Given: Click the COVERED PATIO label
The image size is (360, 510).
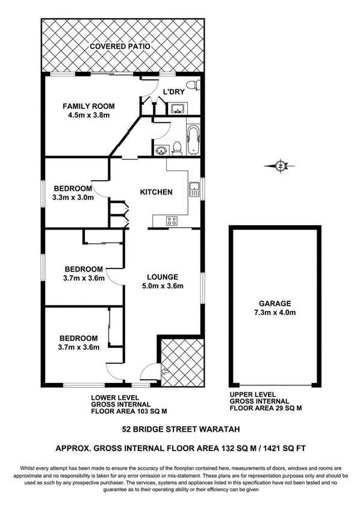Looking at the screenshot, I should tap(120, 46).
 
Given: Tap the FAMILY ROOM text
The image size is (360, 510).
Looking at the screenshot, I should tap(88, 106).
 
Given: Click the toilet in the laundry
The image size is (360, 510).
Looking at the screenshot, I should tap(192, 85).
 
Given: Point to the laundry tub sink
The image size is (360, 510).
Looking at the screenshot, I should tap(178, 108).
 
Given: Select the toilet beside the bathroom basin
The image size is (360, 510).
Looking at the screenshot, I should tap(176, 148).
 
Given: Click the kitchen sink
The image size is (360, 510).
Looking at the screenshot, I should tap(194, 190).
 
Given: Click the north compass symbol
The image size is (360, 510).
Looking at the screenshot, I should tap(281, 166).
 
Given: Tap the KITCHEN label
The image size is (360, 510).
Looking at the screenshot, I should tap(156, 193).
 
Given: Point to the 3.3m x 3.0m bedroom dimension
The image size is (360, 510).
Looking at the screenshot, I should tap(74, 197).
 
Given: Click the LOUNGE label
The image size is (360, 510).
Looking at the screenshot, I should tap(162, 277).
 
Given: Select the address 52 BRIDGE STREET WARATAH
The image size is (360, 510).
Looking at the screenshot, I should tap(179, 430).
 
